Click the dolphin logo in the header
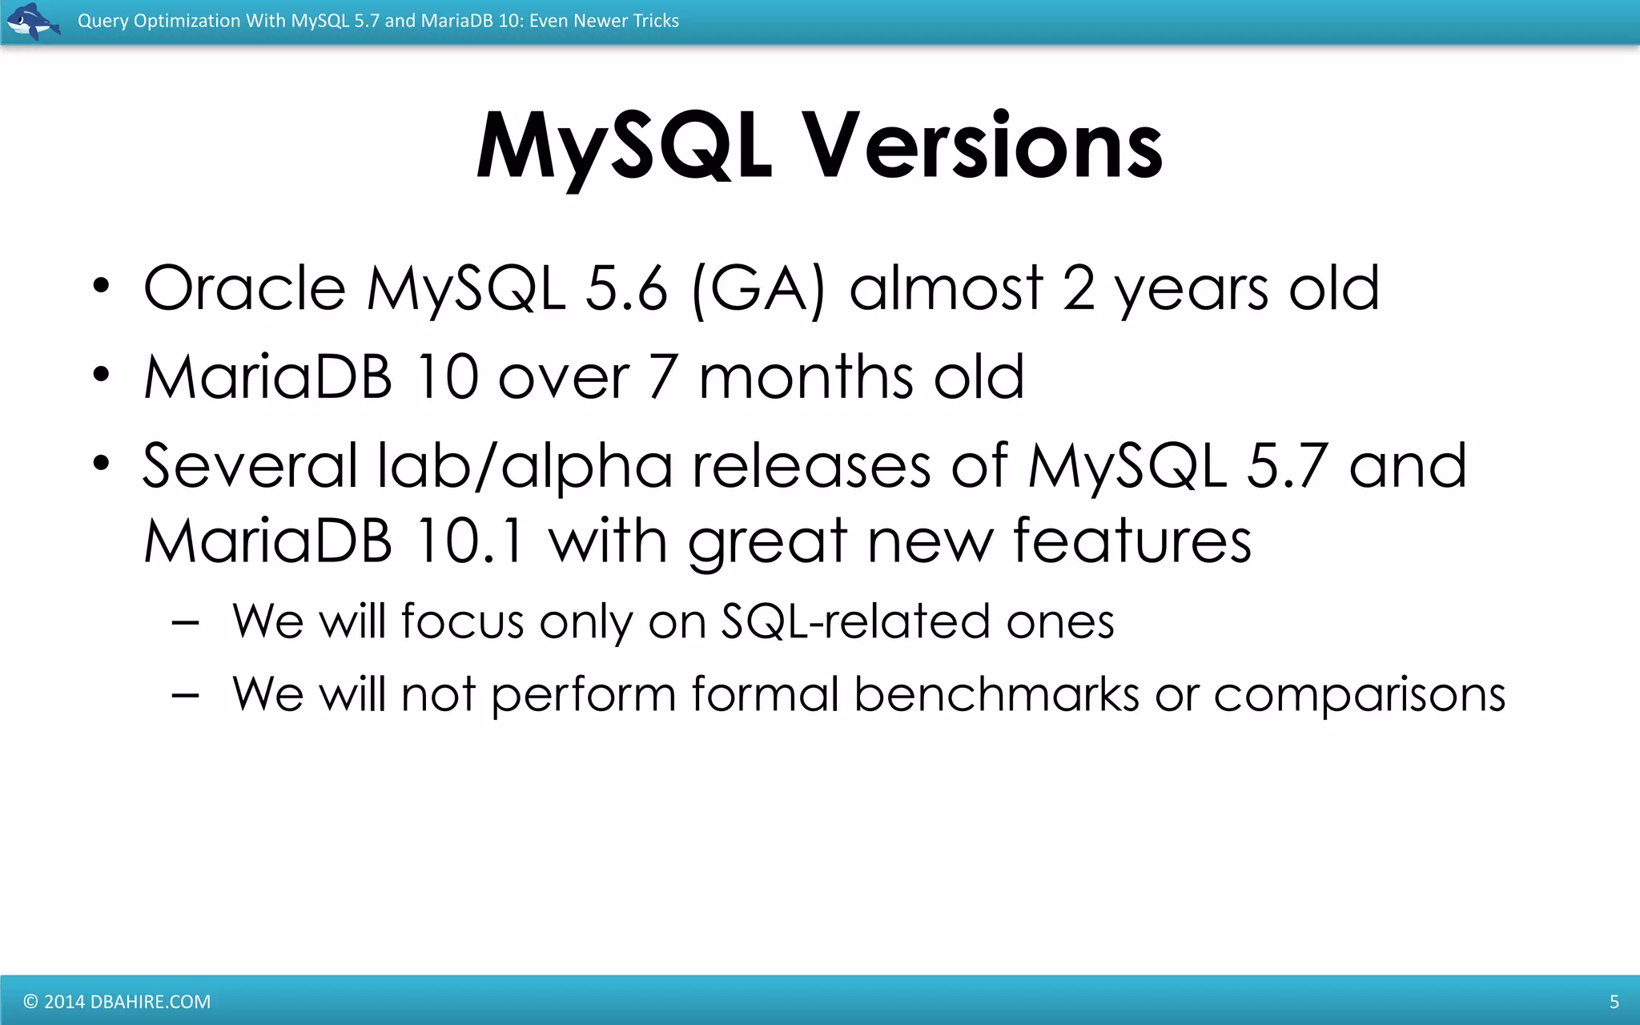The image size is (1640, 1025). pyautogui.click(x=32, y=21)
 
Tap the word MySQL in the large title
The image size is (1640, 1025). pyautogui.click(x=625, y=147)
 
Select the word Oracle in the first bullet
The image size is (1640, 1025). pyautogui.click(x=244, y=288)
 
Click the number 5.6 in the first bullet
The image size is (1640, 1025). pyautogui.click(x=626, y=288)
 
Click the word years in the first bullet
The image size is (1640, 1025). pyautogui.click(x=1192, y=290)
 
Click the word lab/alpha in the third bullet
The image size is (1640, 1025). pyautogui.click(x=525, y=466)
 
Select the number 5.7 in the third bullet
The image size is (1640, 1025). pyautogui.click(x=1288, y=466)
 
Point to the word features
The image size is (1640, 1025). pyautogui.click(x=1132, y=541)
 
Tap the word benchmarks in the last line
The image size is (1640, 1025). pyautogui.click(x=996, y=694)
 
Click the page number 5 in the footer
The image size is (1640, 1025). pyautogui.click(x=1614, y=1002)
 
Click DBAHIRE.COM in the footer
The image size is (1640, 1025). pyautogui.click(x=151, y=1002)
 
